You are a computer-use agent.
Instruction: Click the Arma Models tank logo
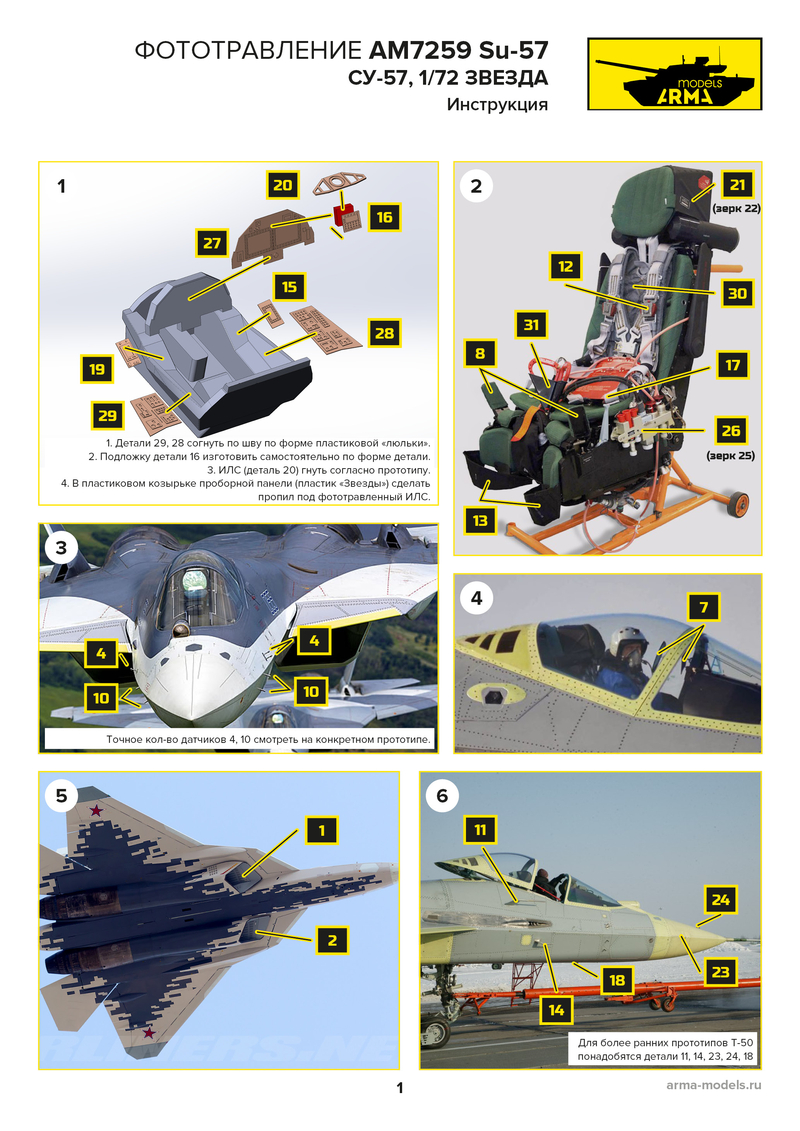(x=674, y=74)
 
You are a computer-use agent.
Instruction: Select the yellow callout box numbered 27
(x=212, y=243)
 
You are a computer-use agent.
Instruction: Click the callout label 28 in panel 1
(x=384, y=334)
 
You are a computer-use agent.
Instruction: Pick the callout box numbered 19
(x=97, y=369)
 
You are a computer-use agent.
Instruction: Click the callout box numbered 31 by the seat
(x=531, y=325)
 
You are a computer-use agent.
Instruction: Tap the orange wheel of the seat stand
(x=738, y=505)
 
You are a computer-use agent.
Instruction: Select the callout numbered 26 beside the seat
(x=731, y=431)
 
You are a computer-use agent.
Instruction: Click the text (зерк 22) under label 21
(x=736, y=209)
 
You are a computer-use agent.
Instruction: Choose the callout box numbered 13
(x=480, y=521)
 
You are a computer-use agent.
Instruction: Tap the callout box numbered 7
(x=704, y=607)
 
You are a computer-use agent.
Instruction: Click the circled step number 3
(x=61, y=548)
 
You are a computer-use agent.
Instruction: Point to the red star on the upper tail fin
(x=96, y=811)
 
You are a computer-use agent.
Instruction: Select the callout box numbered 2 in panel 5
(x=332, y=940)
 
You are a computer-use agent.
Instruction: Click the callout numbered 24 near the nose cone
(x=721, y=900)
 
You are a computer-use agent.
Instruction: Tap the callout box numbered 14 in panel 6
(x=556, y=1010)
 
